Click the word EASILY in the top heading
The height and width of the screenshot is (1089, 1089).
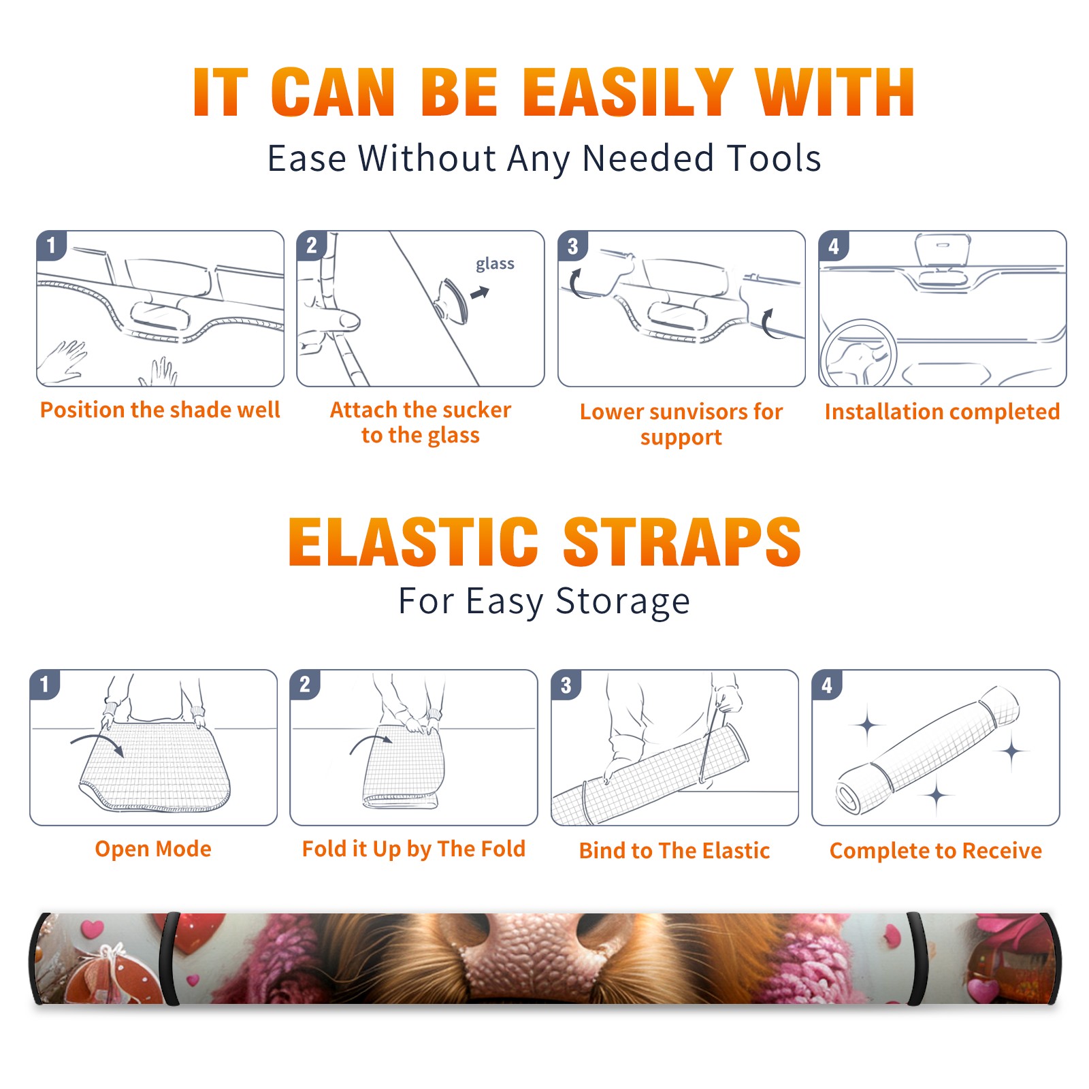(x=627, y=93)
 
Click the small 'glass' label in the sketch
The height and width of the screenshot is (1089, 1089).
(x=495, y=264)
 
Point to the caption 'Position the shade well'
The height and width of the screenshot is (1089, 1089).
(x=160, y=410)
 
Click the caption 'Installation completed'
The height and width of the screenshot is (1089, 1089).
(x=942, y=411)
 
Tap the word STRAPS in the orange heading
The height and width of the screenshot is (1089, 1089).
(x=682, y=542)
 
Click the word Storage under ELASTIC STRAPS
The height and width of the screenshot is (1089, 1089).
(x=623, y=602)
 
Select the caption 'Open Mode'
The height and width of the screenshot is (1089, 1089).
(x=153, y=849)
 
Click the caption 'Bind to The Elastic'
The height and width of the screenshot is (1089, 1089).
(x=674, y=851)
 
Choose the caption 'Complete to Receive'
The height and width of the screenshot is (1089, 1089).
(x=936, y=851)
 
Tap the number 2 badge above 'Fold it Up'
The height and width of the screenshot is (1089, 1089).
(x=305, y=684)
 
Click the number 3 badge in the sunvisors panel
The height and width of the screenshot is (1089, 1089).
(x=572, y=246)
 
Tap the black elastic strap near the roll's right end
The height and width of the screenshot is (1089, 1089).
(x=917, y=959)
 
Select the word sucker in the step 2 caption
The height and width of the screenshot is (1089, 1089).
(x=476, y=410)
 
